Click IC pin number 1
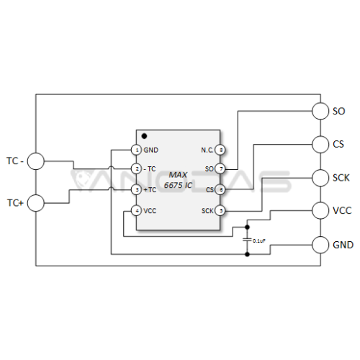coord(137,150)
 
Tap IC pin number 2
coord(137,168)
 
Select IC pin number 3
coord(137,190)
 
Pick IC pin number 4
coord(137,211)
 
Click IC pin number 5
coord(220,211)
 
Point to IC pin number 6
coord(220,190)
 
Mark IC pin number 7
coord(220,168)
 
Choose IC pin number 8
coord(220,150)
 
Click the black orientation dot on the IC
coord(144,136)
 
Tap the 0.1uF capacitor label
coord(259,240)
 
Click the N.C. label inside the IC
coord(207,150)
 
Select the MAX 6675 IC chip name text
coord(178,180)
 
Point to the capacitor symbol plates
coord(247,240)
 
